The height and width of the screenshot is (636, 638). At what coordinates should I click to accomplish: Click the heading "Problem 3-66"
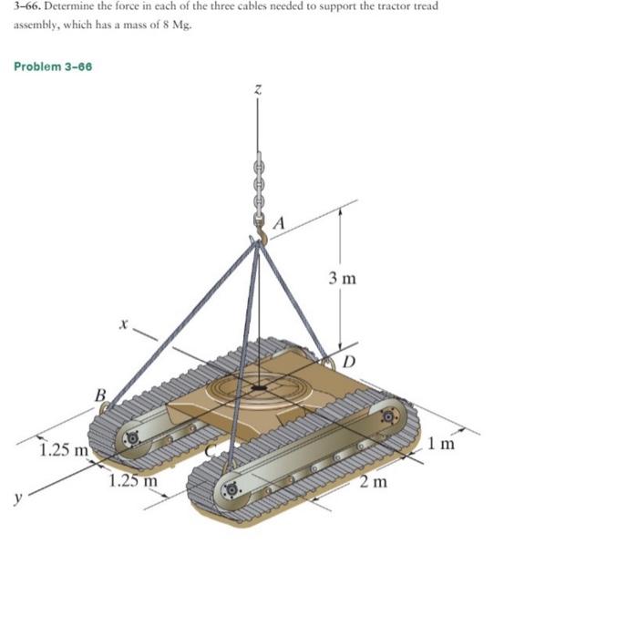[x=53, y=67]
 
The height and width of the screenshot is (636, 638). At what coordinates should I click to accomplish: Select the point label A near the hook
[x=280, y=222]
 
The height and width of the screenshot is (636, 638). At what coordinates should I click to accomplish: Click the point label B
[x=101, y=395]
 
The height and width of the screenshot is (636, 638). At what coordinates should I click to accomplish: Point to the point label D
[x=349, y=362]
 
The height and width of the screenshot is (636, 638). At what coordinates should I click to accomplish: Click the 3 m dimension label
[x=343, y=277]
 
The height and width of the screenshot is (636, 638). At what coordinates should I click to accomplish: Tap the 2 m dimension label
[x=374, y=481]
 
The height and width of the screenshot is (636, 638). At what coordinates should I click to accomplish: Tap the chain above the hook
[x=258, y=187]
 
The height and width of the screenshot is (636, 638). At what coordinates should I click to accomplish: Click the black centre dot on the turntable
[x=260, y=388]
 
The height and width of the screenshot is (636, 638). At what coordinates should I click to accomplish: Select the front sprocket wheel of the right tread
[x=232, y=489]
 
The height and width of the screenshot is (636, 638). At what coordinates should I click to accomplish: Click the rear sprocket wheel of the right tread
[x=389, y=416]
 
